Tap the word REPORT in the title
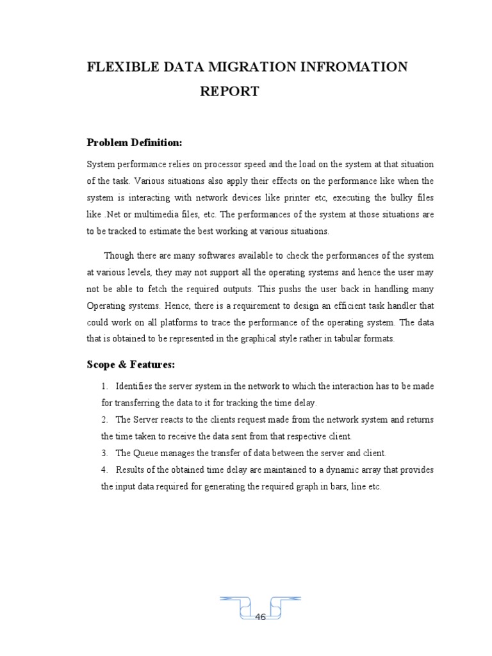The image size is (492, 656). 229,92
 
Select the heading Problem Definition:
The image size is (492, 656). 135,142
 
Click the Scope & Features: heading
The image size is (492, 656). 130,365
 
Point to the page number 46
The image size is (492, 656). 261,617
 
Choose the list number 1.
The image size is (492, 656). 104,386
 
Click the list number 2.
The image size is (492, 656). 104,420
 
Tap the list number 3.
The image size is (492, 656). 104,453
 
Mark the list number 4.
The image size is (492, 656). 104,470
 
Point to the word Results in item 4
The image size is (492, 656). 130,470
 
